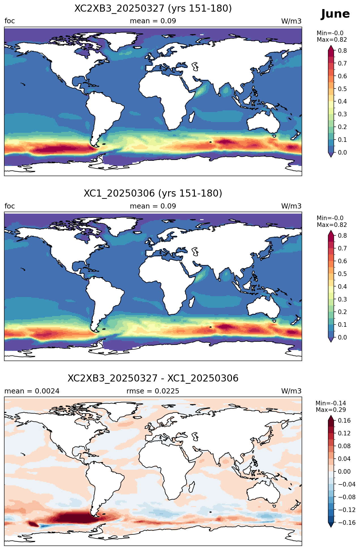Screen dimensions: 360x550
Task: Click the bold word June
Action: (x=335, y=14)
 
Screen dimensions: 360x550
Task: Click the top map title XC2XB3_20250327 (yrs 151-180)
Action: (x=153, y=9)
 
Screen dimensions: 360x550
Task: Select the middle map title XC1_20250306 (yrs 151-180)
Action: (x=153, y=193)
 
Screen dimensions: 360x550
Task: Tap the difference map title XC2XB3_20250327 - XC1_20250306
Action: (x=153, y=378)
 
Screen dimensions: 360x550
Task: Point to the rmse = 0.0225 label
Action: (x=153, y=391)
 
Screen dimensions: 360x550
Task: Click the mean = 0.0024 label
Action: (x=32, y=391)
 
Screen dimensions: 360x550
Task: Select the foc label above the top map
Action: (x=10, y=21)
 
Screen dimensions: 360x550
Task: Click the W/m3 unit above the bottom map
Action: (x=291, y=391)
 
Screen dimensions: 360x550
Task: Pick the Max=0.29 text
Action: (x=331, y=410)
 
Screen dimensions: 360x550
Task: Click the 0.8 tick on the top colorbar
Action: (x=342, y=51)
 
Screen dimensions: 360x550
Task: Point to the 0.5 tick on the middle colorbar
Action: (x=342, y=274)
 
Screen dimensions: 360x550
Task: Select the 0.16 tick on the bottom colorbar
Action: (x=344, y=421)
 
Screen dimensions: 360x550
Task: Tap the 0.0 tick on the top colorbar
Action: (x=342, y=153)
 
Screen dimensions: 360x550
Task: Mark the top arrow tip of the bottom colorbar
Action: (x=331, y=415)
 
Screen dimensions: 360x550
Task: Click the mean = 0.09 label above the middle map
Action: (x=153, y=206)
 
